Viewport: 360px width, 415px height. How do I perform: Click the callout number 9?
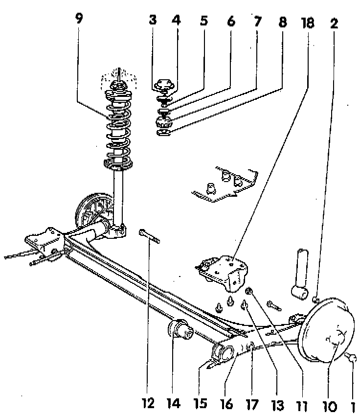click(x=79, y=19)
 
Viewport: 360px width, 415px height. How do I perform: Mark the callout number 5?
click(x=203, y=22)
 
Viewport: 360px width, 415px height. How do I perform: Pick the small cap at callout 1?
click(x=352, y=359)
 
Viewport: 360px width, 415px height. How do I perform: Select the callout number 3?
click(x=153, y=22)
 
